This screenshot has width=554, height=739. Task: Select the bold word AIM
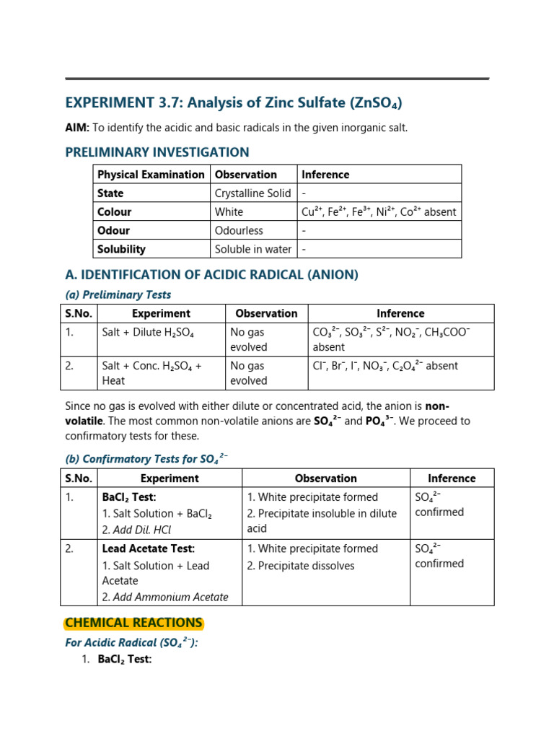point(76,128)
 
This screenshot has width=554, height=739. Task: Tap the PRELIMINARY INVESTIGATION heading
point(157,152)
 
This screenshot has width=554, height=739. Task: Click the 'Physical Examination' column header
point(151,175)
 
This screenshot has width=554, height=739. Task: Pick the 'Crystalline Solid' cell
point(252,193)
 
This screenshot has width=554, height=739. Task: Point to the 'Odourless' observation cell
point(239,231)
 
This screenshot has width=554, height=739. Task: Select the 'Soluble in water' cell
point(253,250)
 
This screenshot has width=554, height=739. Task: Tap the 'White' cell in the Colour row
point(229,212)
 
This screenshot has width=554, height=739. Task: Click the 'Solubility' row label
point(121,250)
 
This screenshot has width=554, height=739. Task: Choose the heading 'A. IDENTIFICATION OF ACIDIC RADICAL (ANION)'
point(211,275)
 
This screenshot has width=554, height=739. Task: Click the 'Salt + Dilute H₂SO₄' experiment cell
point(148,332)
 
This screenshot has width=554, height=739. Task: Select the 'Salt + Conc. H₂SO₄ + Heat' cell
point(151,373)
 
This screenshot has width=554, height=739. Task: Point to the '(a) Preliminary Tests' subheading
point(118,294)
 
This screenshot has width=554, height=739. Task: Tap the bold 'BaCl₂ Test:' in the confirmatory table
point(129,497)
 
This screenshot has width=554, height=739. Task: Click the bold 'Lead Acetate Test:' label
point(149,549)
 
